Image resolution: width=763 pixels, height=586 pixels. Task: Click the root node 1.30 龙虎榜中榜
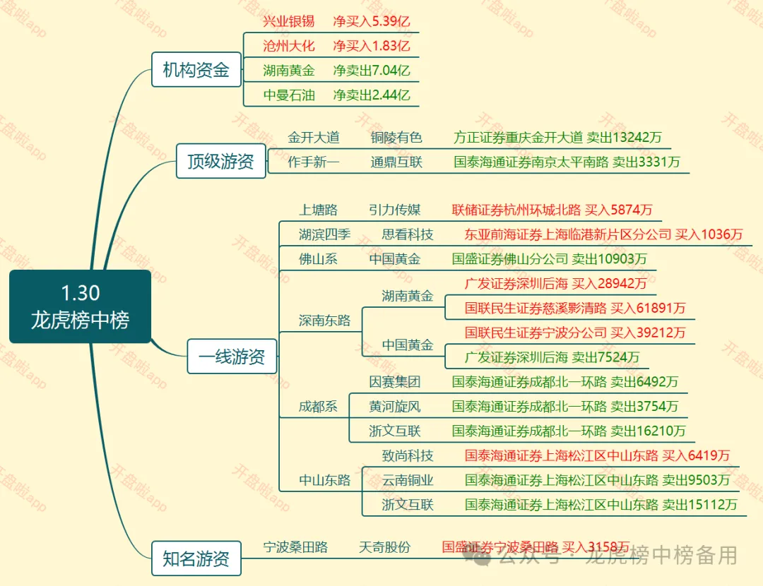[x=80, y=306]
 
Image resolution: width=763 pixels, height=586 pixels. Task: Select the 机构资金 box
[x=196, y=70]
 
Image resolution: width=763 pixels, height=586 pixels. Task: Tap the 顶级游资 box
[x=220, y=161]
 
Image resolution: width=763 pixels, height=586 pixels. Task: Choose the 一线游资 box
[x=232, y=357]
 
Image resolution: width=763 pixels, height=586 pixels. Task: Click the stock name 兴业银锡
[x=288, y=21]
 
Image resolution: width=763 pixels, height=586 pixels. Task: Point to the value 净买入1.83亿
[x=372, y=46]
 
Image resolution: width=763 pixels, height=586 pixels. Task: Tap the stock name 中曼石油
[x=288, y=95]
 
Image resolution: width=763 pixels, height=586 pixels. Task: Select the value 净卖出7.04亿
[x=372, y=71]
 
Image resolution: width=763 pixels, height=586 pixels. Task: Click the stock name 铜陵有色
[x=396, y=137]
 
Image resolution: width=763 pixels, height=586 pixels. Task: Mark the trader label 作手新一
[x=314, y=162]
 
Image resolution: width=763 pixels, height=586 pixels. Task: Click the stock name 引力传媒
[x=394, y=210]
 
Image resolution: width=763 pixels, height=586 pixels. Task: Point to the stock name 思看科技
[x=408, y=234]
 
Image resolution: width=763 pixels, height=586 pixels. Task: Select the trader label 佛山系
[x=318, y=259]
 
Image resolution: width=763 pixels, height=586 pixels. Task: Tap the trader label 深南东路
[x=324, y=321]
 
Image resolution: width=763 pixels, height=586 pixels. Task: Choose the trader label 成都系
[x=318, y=407]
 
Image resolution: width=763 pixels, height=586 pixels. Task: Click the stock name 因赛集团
[x=394, y=382]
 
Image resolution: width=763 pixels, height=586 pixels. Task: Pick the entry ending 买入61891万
[x=575, y=308]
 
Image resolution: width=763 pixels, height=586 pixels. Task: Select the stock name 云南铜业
[x=408, y=480]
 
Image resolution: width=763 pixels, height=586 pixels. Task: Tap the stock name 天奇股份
[x=384, y=547]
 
